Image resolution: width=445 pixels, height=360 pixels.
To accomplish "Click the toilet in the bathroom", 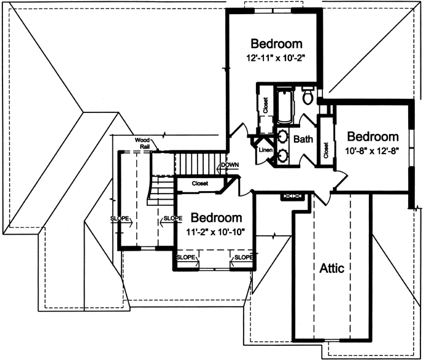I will [x=308, y=96].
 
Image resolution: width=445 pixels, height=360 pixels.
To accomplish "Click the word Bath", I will [x=303, y=139].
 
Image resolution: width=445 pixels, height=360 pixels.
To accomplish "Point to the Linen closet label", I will [x=265, y=150].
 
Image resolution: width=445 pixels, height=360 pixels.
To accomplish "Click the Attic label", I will [x=332, y=268].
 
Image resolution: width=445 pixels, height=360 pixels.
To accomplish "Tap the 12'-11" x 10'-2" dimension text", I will [x=276, y=60].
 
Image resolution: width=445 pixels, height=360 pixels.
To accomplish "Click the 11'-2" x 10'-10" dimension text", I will [x=215, y=232].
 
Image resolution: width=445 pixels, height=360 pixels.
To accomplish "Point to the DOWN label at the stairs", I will [x=230, y=165].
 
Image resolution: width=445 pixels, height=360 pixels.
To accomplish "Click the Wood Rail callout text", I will [x=144, y=143].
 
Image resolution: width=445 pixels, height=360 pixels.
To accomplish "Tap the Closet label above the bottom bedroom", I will [x=199, y=183].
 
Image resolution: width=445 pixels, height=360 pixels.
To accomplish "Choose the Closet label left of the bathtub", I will [x=266, y=105].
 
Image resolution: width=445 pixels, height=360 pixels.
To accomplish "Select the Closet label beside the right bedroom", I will [x=325, y=151].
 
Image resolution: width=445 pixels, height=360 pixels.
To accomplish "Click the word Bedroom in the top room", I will [x=277, y=44].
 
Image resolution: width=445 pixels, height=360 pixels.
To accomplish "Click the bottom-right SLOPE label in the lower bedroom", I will [x=242, y=257].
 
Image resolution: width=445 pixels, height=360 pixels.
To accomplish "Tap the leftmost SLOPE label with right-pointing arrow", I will [x=121, y=218].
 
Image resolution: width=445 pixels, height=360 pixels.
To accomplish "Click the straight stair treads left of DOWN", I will [x=196, y=164].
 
